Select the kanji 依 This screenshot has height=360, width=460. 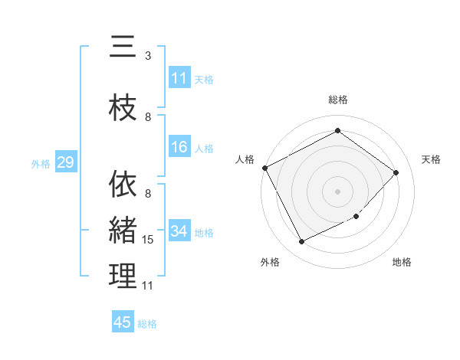point(123,184)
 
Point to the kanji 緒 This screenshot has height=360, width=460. point(123,229)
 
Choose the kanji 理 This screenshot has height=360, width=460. point(123,276)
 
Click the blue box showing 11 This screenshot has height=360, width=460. point(179,78)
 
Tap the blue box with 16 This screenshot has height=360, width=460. point(179,148)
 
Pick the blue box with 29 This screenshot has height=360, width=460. point(65,162)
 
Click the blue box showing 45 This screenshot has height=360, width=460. point(123,322)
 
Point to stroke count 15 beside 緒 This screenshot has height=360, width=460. point(149,240)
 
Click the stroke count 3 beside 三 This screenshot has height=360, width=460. point(148,56)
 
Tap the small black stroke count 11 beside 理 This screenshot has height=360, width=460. point(147,286)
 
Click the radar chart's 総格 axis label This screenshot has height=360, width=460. point(337,100)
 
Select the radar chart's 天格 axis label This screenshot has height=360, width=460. point(431,159)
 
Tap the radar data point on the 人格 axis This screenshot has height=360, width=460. point(264,168)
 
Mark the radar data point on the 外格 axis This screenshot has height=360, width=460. point(301,242)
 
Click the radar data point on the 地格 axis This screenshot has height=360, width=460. point(356,217)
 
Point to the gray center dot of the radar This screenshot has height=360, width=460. point(337,191)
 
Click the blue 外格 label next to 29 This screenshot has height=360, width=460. point(41,163)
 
